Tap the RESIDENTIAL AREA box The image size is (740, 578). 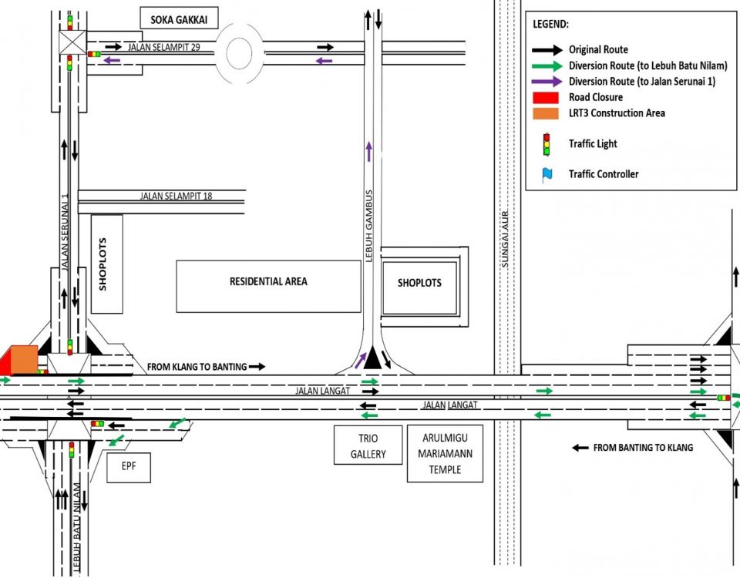click(x=268, y=282)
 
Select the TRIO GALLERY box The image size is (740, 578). click(x=368, y=446)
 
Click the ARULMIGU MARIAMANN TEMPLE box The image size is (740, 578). click(x=445, y=453)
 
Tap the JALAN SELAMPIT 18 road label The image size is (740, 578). click(x=176, y=197)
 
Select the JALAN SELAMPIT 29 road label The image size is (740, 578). click(x=164, y=47)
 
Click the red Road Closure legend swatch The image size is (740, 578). click(x=546, y=97)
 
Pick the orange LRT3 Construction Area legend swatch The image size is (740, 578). click(x=546, y=113)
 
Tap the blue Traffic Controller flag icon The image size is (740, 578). click(x=547, y=174)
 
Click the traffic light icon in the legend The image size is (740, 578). click(x=547, y=143)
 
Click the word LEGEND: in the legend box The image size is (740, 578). click(x=550, y=25)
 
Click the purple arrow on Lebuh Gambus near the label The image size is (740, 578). click(x=369, y=152)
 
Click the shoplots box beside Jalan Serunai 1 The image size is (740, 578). click(x=106, y=264)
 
